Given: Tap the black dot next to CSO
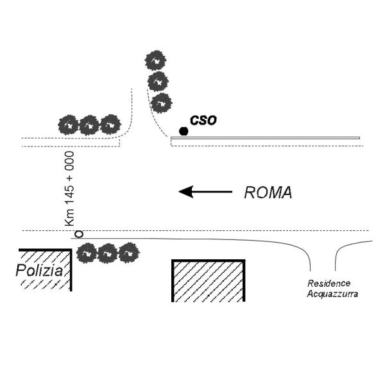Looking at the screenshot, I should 184,132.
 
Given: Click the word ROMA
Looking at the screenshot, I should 268,193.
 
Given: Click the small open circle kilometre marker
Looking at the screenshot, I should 78,234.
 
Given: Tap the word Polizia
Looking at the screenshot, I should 39,271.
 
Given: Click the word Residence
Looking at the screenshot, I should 329,283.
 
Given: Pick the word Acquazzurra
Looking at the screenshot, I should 332,293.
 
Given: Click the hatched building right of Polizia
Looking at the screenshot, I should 209,280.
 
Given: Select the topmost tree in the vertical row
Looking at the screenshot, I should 155,61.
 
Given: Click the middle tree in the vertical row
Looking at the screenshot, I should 158,81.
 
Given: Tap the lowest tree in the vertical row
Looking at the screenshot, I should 161,103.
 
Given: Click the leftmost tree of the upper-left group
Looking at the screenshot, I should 69,124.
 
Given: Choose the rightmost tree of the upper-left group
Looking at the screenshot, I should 110,124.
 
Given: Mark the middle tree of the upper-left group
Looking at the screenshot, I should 89,124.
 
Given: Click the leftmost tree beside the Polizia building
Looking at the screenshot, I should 87,253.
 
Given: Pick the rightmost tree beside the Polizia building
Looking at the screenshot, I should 129,252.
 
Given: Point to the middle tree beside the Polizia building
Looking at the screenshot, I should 108,253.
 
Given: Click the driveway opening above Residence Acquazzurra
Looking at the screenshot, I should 323,257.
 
